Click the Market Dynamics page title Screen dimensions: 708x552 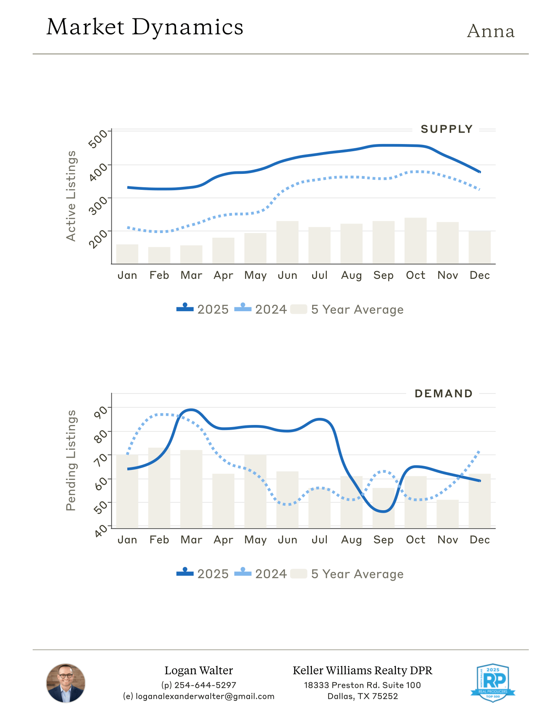point(145,27)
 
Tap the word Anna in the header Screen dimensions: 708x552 point(491,31)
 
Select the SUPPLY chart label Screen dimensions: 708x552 point(447,129)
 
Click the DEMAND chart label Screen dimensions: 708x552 point(444,394)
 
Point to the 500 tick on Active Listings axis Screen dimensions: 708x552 point(98,139)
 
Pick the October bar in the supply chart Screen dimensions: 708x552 point(415,241)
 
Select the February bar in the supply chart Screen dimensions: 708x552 point(159,255)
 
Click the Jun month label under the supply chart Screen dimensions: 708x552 point(287,275)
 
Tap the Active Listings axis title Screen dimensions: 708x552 point(71,196)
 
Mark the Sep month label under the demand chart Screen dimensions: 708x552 point(383,540)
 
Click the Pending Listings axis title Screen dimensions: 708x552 point(71,460)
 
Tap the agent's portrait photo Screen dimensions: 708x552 point(66,683)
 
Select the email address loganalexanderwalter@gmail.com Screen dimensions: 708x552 point(205,696)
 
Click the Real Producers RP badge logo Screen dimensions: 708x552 point(493,683)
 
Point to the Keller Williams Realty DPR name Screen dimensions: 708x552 point(362,671)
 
